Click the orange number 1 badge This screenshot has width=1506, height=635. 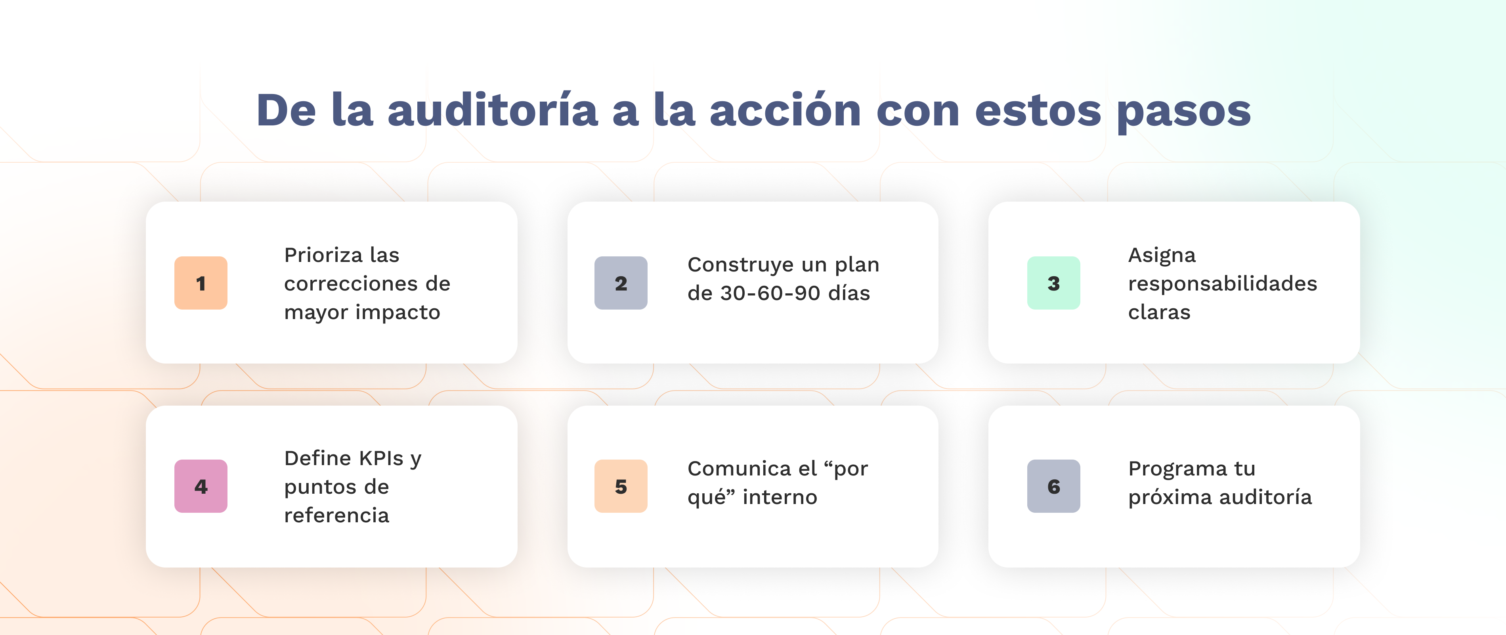click(201, 283)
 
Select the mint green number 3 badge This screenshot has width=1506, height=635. click(1053, 283)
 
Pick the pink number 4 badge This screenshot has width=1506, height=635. click(201, 486)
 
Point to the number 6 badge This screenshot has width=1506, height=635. click(1053, 486)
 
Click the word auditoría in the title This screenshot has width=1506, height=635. click(492, 111)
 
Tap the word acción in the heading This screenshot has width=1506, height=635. click(785, 111)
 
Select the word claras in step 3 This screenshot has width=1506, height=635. click(1159, 312)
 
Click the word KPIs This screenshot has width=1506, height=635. click(380, 458)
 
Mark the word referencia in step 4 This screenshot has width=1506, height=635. click(336, 516)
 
